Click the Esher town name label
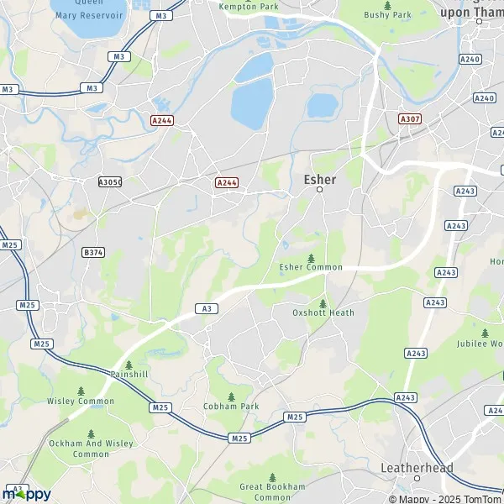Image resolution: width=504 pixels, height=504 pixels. coord(319,179)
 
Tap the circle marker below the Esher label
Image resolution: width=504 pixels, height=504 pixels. coord(319,191)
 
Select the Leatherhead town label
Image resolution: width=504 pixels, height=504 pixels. coord(417,468)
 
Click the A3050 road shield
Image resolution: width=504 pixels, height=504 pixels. coord(110,182)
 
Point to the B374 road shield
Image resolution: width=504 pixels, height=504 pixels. coord(92,251)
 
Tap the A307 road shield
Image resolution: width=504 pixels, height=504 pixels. coord(410,119)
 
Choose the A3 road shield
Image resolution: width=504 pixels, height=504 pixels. coord(206,309)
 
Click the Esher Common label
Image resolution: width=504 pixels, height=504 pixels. coord(311,267)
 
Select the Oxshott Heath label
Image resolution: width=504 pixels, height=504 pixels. coord(323,312)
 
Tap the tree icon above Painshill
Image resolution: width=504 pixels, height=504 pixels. coord(129,365)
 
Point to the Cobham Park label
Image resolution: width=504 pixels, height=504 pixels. coord(231,407)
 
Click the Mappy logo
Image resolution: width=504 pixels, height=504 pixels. coord(26,493)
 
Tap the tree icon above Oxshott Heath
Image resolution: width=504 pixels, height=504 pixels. coord(323,302)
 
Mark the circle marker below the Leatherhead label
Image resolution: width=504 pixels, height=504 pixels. coord(417,479)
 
